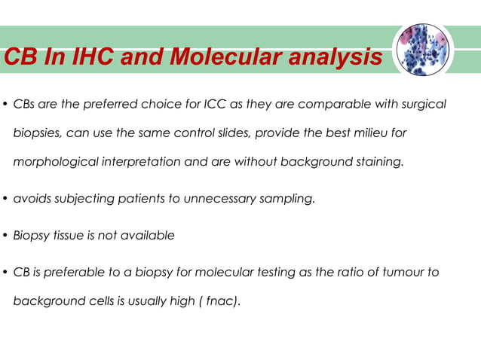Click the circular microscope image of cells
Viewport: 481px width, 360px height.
pos(423,50)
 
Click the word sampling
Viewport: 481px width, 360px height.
pos(290,199)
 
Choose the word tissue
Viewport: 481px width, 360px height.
pos(68,235)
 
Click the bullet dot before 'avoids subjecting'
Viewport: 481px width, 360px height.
pos(5,200)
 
